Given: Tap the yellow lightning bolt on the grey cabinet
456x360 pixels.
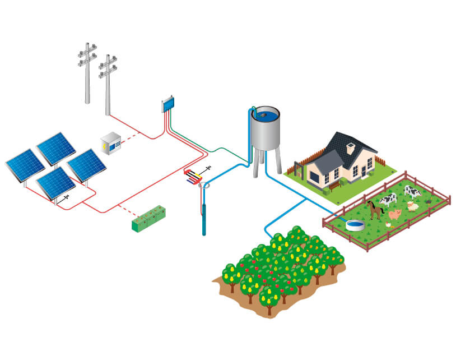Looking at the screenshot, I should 105,145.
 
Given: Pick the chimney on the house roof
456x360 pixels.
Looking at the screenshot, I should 350,148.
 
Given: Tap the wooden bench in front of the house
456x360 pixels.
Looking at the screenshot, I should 334,183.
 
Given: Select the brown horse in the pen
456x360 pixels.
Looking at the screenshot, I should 375,209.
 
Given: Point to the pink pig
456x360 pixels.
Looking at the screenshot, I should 395,215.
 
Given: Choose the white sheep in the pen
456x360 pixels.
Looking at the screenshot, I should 413,206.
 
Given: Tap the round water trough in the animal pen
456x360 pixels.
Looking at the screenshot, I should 353,225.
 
